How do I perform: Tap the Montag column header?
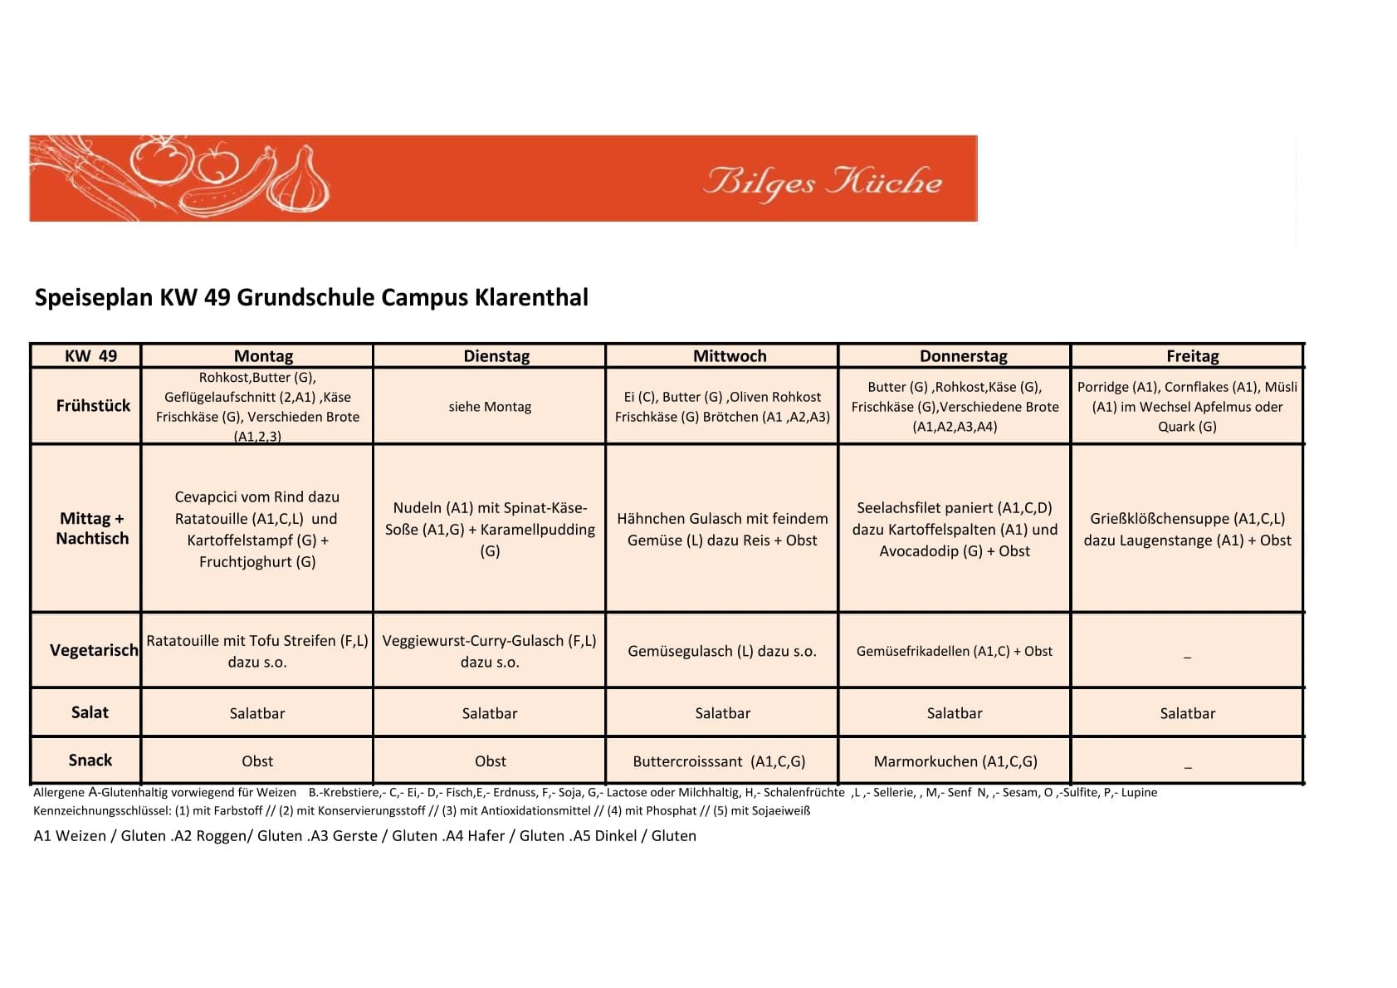point(263,356)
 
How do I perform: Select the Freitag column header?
point(1192,356)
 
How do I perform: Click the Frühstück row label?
point(93,406)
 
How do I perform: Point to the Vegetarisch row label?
point(94,650)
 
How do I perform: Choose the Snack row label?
point(90,761)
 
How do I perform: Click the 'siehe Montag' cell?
point(490,407)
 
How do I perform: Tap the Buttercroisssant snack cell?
point(719,761)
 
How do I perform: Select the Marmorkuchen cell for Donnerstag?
point(955,761)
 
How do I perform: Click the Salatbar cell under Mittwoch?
point(722,713)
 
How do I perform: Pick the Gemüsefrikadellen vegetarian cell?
point(954,651)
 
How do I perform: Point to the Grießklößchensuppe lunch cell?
point(1187,529)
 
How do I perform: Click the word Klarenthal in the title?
point(531,297)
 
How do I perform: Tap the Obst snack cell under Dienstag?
point(490,761)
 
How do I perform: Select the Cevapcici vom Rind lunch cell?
point(257,529)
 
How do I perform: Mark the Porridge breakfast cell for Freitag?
point(1187,407)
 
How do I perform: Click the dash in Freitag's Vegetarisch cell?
point(1187,656)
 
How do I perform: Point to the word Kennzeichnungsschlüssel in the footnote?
point(101,810)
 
